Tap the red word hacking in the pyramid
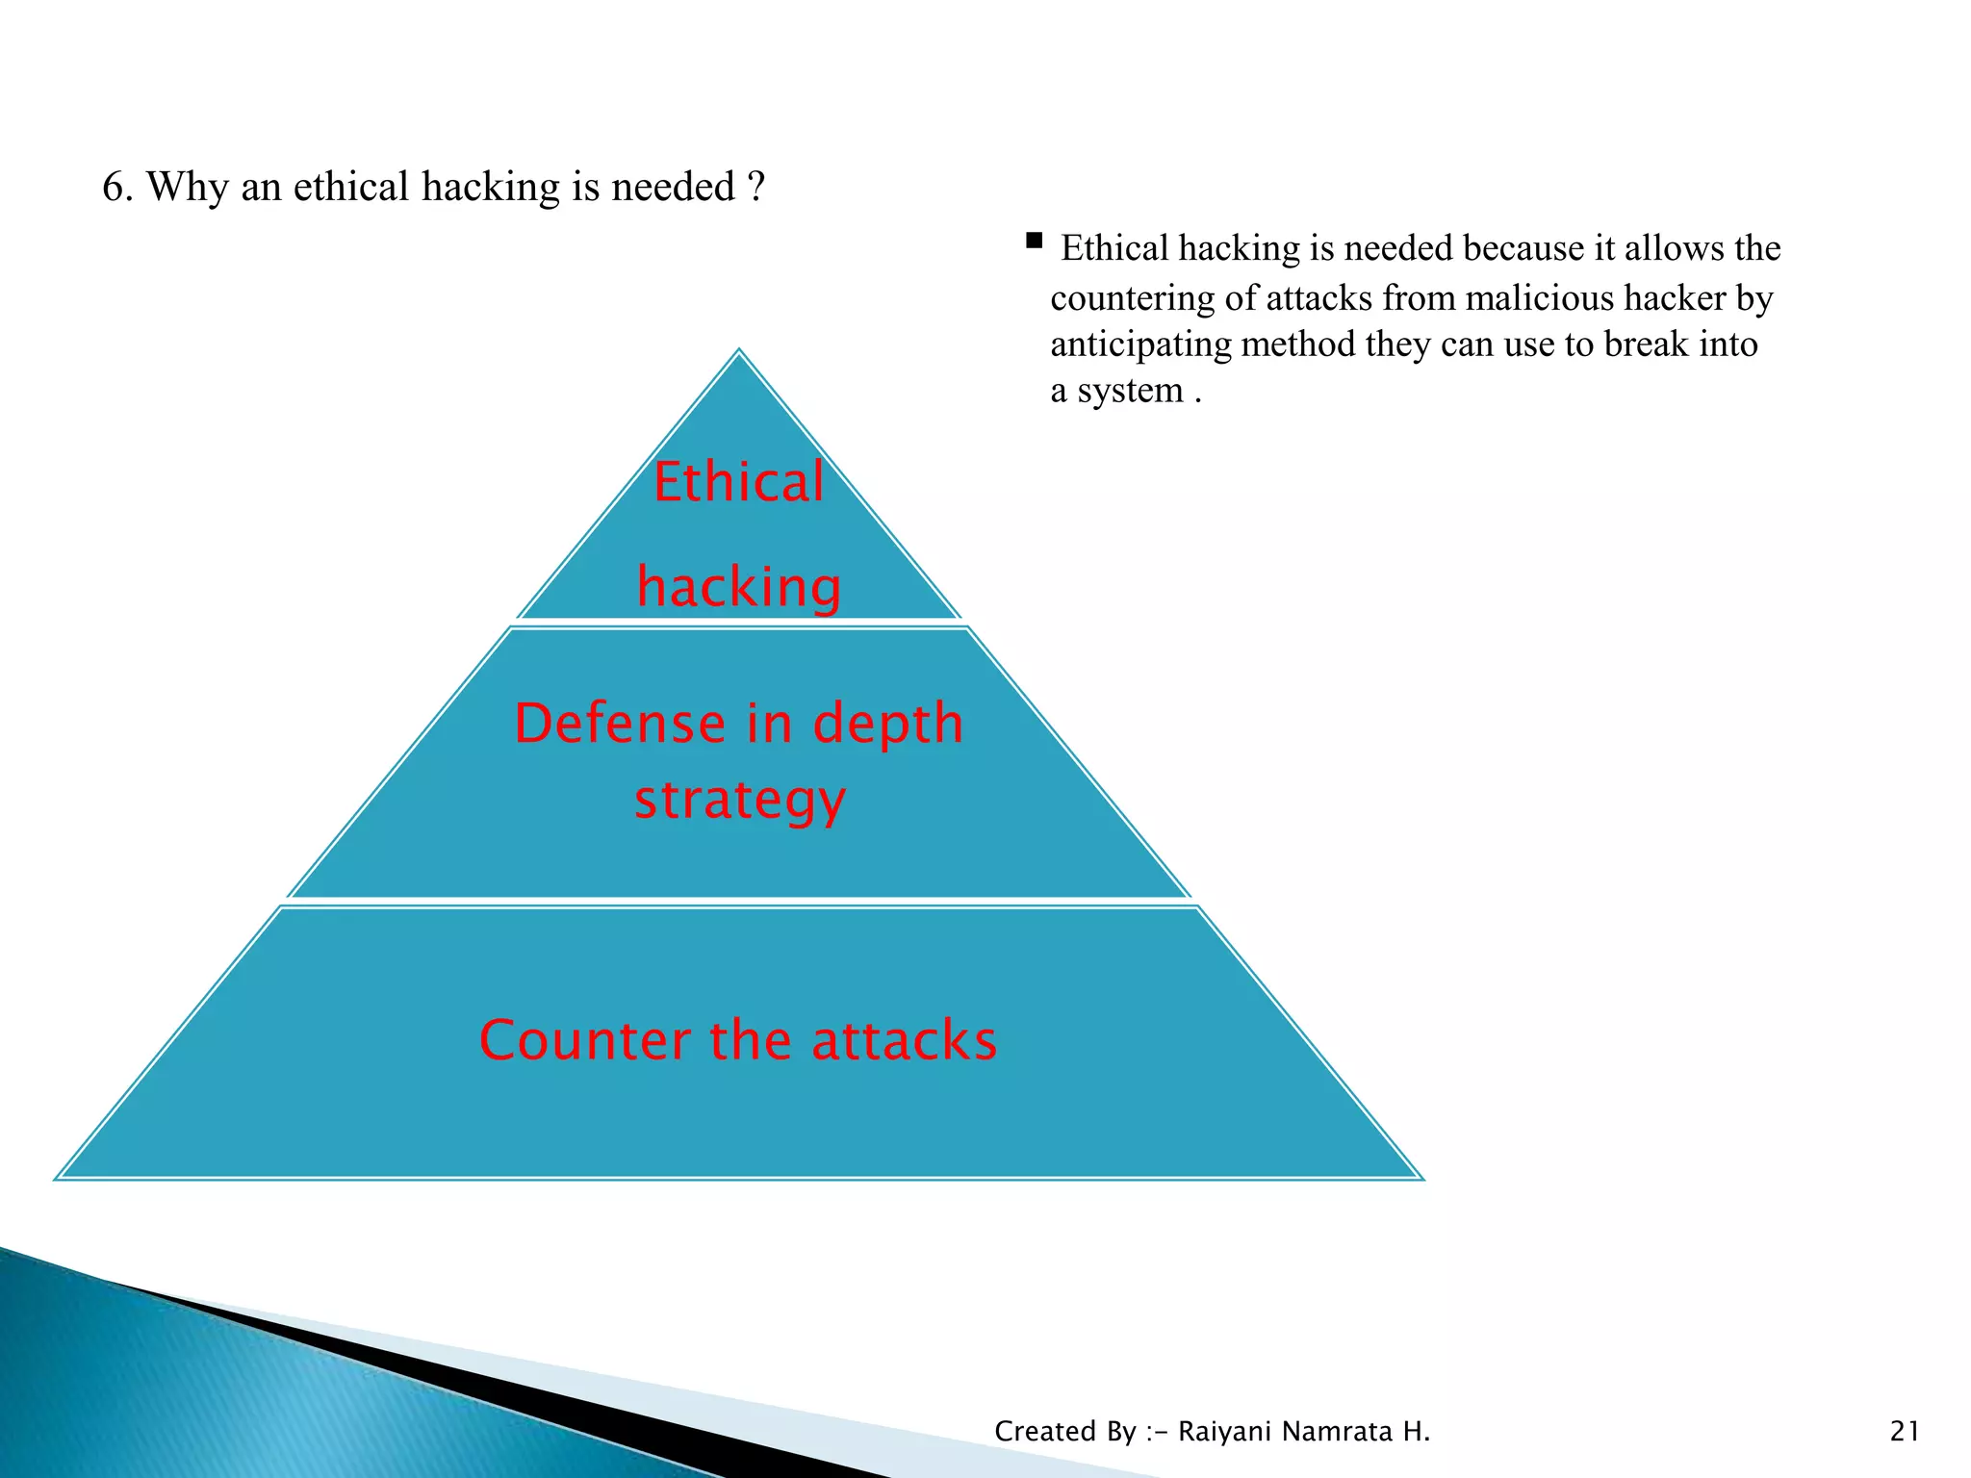(738, 587)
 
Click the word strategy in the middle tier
(739, 801)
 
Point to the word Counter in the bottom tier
(585, 1040)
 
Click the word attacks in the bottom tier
(904, 1040)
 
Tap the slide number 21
(1905, 1432)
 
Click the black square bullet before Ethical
(1035, 241)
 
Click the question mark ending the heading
(756, 187)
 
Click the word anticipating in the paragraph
(1140, 344)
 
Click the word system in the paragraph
(1130, 392)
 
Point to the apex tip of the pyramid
(739, 351)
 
